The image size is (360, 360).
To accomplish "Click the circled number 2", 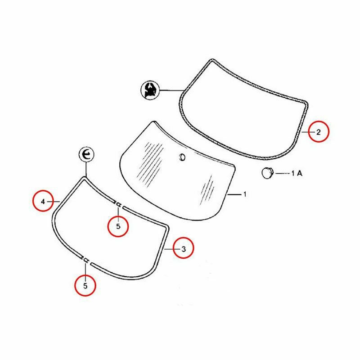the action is (x=319, y=131).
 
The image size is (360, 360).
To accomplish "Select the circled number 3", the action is (x=183, y=248).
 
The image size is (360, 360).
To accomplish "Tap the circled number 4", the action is (x=43, y=201).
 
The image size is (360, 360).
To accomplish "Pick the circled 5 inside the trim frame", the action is (x=118, y=226).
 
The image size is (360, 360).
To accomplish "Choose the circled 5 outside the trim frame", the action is (x=85, y=286).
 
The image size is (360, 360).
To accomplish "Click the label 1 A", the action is (x=297, y=173).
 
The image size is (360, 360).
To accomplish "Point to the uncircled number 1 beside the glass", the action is (x=245, y=194).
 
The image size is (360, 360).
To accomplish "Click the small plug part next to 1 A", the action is (x=267, y=173).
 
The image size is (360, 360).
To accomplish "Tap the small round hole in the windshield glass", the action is (x=182, y=157).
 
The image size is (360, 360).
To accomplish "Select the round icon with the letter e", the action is (x=86, y=154).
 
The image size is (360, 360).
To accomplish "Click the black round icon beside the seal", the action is (x=150, y=90).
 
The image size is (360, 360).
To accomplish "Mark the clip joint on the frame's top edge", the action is (x=118, y=204).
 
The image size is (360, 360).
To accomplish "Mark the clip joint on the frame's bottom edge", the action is (x=85, y=260).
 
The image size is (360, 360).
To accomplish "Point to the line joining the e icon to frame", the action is (x=86, y=170).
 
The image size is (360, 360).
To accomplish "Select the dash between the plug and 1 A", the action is (x=282, y=173).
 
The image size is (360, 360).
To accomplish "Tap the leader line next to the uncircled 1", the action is (x=234, y=194).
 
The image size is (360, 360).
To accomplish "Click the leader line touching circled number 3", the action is (x=169, y=249).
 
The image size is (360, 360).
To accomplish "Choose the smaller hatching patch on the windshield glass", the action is (x=208, y=189).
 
